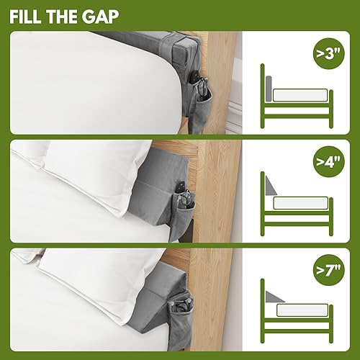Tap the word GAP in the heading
pyautogui.click(x=98, y=16)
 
